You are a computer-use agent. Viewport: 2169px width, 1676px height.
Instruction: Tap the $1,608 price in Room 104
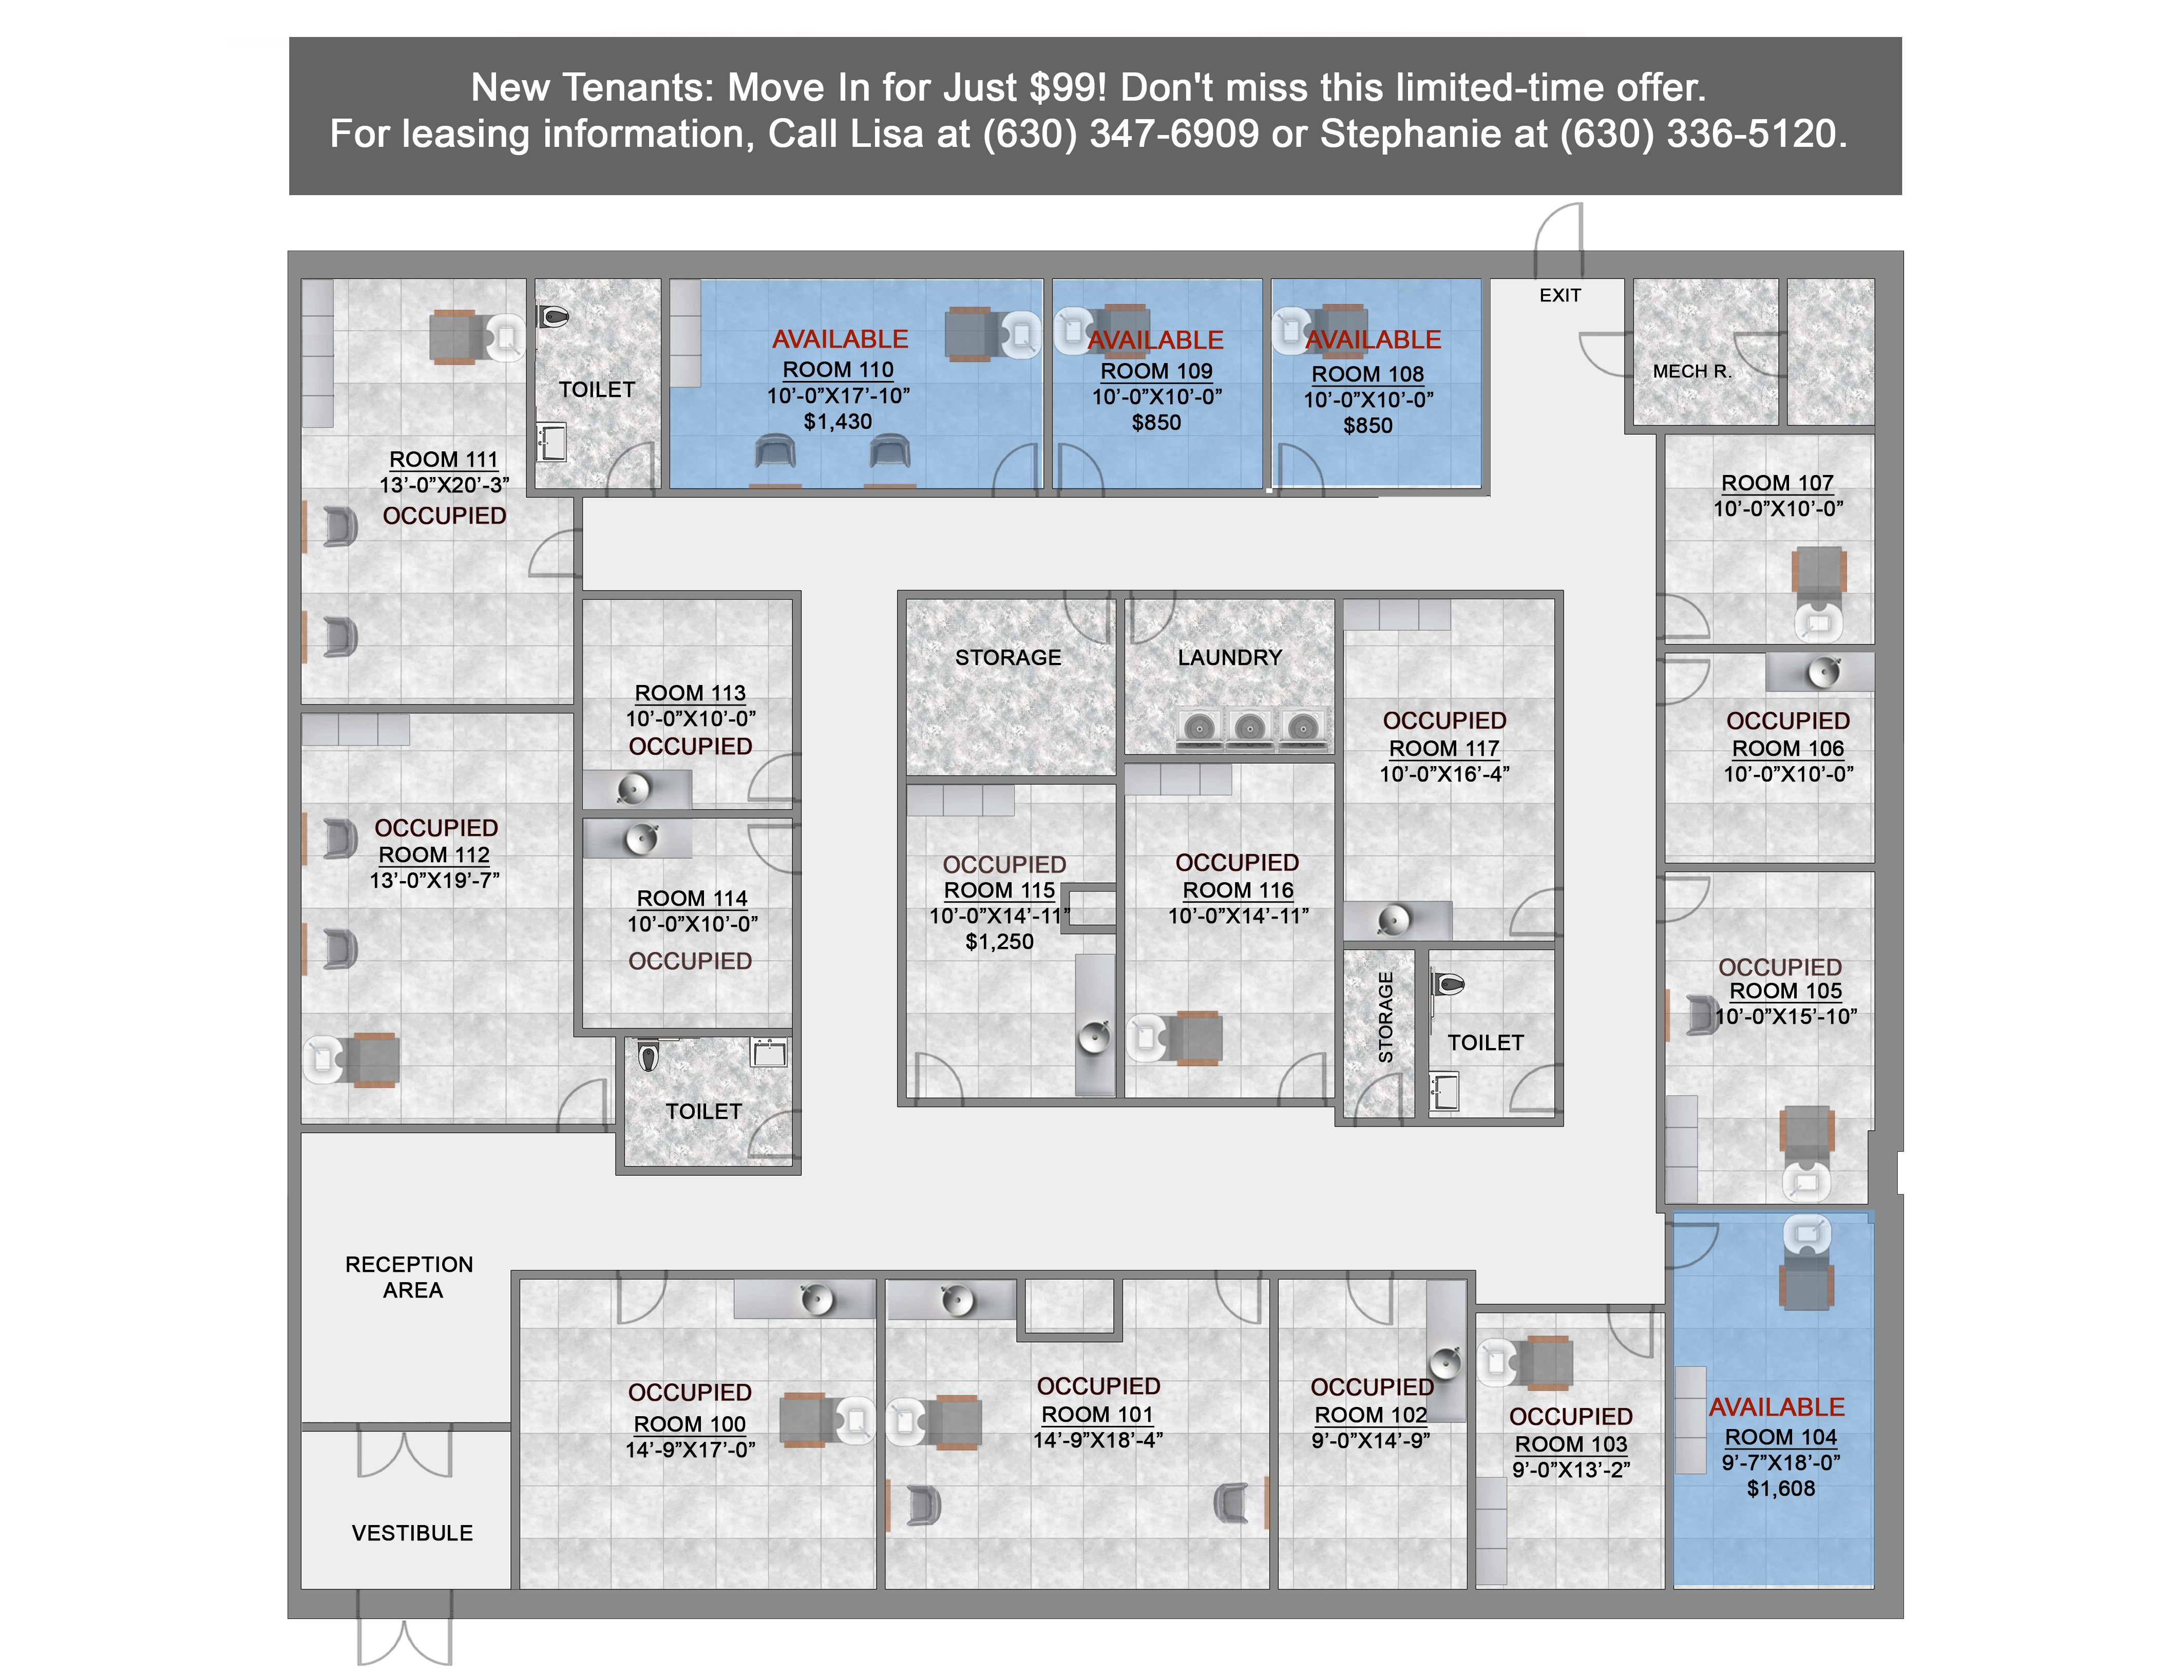1781,1489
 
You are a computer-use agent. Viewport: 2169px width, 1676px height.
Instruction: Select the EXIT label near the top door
1559,295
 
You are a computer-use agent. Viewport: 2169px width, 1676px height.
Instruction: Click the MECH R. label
1691,371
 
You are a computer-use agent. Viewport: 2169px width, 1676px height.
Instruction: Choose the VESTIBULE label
412,1533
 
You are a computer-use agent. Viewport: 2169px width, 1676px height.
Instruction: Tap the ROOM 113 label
690,693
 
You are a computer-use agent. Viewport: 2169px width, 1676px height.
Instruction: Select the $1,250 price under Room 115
999,941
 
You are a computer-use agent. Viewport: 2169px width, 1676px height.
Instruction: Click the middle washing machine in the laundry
1249,728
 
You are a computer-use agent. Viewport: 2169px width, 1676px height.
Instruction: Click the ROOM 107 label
1777,483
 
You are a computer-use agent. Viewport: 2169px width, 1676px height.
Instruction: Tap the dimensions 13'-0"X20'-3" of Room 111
444,485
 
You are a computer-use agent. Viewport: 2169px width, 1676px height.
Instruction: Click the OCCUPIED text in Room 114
690,961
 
